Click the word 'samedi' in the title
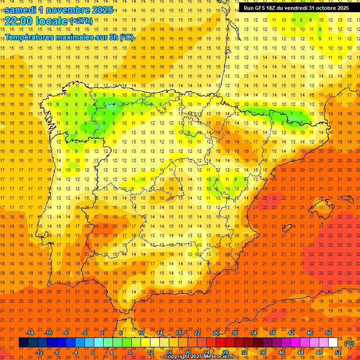22,9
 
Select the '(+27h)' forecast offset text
81,21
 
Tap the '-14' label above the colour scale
30,333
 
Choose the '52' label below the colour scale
338,352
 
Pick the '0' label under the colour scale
92,352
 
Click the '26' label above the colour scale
216,333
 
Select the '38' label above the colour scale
272,333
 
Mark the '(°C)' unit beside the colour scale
349,343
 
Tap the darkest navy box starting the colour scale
23,343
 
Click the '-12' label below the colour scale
39,352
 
